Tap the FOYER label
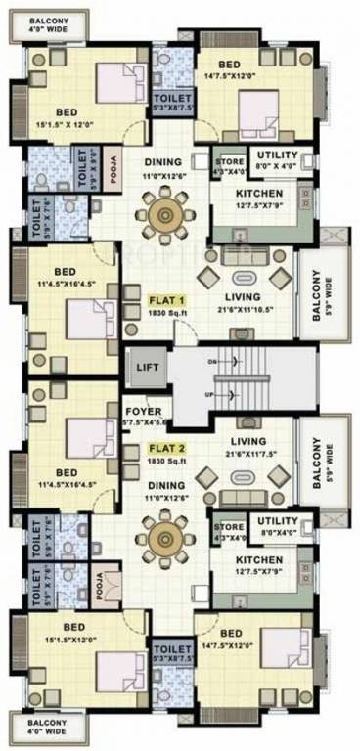137,411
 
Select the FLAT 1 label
165,300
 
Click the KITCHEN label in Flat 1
259,193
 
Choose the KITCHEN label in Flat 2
259,559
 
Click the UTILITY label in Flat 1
277,155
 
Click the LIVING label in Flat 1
242,296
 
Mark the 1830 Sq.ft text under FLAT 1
166,314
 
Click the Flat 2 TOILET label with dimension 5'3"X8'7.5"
172,649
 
